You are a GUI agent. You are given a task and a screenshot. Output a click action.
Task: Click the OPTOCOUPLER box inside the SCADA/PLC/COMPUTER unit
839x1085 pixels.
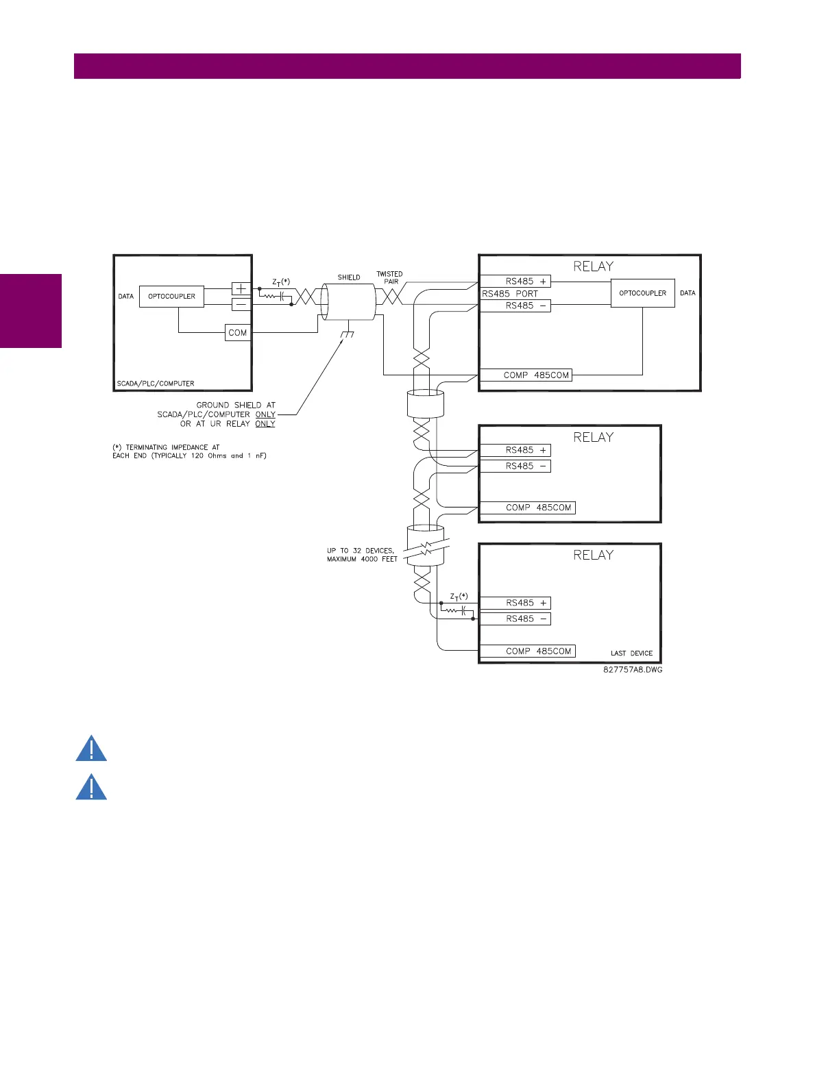171,297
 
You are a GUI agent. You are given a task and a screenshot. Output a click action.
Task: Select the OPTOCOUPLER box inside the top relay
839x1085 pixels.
642,293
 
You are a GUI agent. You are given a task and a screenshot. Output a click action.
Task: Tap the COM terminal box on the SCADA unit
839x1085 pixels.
237,333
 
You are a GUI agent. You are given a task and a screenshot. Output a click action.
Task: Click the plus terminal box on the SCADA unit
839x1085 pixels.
241,289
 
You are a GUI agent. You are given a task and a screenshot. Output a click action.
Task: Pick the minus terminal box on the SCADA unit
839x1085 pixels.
241,304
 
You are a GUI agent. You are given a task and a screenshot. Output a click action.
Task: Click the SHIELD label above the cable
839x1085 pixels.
349,277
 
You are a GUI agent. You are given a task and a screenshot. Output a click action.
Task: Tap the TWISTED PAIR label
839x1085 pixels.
389,277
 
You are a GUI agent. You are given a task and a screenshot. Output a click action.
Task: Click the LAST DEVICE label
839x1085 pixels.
631,653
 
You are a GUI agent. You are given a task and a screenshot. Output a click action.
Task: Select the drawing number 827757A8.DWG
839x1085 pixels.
633,670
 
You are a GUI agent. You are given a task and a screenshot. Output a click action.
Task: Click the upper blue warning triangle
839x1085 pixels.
91,749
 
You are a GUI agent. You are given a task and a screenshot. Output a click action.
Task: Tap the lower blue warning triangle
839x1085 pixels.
91,788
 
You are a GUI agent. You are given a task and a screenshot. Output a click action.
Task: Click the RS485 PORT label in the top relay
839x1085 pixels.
510,294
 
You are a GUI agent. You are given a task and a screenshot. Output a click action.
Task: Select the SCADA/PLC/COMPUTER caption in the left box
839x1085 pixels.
156,384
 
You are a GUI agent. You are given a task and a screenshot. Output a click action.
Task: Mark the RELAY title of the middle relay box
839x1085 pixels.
593,437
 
